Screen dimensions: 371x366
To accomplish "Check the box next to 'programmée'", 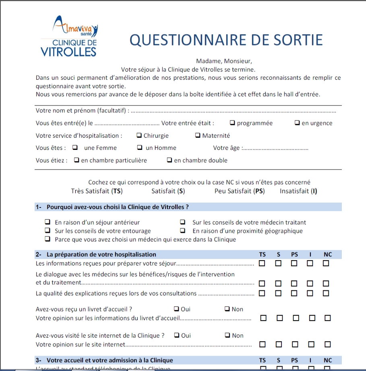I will coord(232,123).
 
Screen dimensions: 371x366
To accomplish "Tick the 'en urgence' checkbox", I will coord(297,123).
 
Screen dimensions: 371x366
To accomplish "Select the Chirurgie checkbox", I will coord(139,135).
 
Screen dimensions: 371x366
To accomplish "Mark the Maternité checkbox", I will coord(198,135).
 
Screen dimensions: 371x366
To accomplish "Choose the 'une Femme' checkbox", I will coord(75,147).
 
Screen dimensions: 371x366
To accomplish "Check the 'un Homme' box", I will coord(140,147).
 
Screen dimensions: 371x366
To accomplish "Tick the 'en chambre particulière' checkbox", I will coord(77,160).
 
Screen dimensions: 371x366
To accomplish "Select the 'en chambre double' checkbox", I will coord(170,160).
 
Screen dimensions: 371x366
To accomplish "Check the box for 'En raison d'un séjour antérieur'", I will coord(48,222).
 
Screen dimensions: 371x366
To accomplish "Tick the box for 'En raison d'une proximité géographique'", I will coord(183,231).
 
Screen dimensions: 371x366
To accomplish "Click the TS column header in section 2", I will coord(262,255).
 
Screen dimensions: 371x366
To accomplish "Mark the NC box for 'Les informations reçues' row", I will coord(326,263).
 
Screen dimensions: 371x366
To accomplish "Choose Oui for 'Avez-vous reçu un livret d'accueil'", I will coord(176,309).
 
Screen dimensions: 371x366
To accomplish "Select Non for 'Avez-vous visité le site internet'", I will coord(227,335).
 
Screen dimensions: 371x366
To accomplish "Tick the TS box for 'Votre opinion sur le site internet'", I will coord(263,344).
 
